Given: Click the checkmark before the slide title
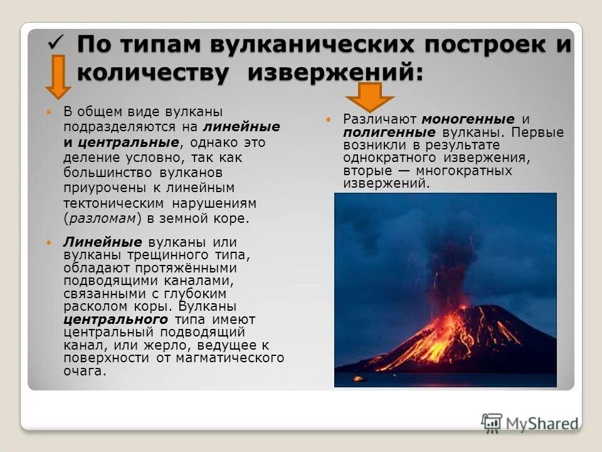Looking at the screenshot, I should pyautogui.click(x=57, y=43).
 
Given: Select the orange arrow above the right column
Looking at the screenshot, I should pyautogui.click(x=370, y=97).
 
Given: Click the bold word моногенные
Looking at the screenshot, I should pyautogui.click(x=468, y=119).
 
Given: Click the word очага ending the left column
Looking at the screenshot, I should pyautogui.click(x=84, y=371).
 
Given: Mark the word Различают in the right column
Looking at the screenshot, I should pyautogui.click(x=380, y=119).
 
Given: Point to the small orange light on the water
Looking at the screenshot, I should pyautogui.click(x=358, y=379).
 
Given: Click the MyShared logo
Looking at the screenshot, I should pyautogui.click(x=531, y=422).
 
